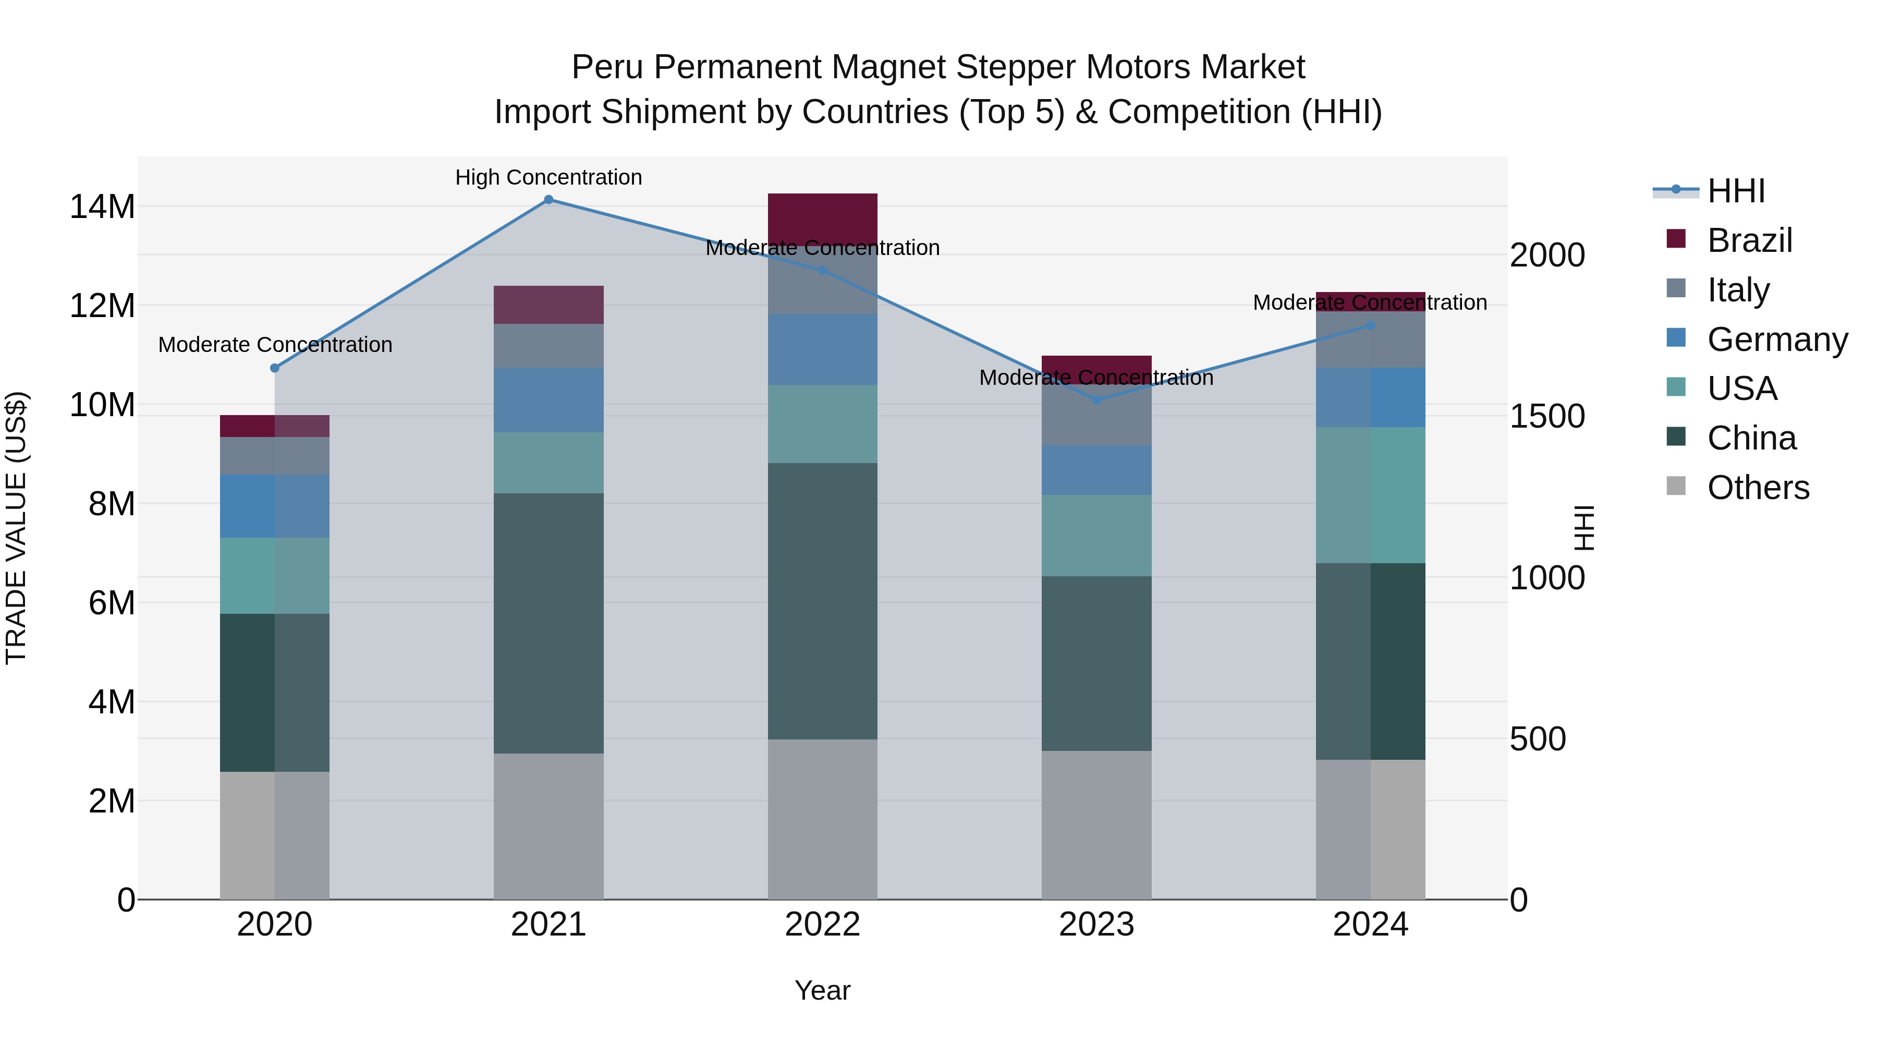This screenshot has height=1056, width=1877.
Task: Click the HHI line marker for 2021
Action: (x=549, y=200)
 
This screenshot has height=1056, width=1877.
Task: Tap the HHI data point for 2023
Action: (x=1096, y=400)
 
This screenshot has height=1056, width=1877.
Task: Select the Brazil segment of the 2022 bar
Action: (x=823, y=219)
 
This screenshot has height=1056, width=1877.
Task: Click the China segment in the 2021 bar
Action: (x=549, y=623)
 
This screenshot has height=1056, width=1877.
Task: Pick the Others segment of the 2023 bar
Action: (x=1096, y=825)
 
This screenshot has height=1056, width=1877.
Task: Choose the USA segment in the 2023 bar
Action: (x=1096, y=536)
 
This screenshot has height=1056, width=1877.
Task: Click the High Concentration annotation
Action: (x=549, y=177)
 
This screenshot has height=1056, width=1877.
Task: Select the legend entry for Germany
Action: (x=1776, y=339)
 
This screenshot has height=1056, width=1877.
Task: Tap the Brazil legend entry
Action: (x=1749, y=240)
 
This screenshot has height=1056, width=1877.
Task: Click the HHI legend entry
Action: (x=1736, y=191)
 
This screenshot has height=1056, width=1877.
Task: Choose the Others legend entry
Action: (x=1758, y=488)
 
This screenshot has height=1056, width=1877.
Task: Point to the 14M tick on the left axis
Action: (x=102, y=207)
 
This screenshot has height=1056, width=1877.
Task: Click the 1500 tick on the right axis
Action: (x=1547, y=416)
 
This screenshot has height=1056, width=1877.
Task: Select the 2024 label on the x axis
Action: (x=1370, y=925)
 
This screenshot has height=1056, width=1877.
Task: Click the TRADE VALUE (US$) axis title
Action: (x=16, y=528)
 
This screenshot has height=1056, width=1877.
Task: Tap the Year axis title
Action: (x=822, y=990)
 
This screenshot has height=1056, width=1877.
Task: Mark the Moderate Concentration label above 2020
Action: (x=275, y=345)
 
